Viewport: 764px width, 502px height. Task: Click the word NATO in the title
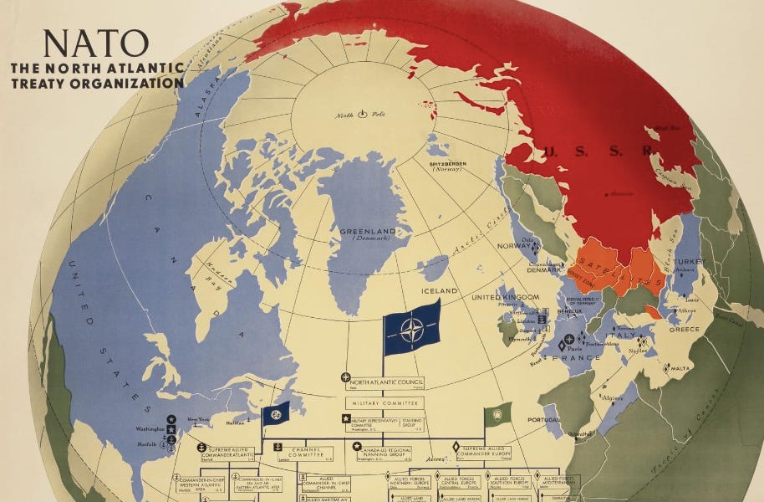(95, 44)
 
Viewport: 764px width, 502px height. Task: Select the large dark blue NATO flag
(412, 327)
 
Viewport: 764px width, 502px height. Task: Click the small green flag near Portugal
(498, 414)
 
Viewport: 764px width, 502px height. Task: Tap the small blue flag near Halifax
(277, 413)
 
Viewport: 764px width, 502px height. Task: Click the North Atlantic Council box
(384, 380)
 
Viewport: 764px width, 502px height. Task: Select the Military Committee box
(384, 402)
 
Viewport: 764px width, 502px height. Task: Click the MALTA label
(680, 367)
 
